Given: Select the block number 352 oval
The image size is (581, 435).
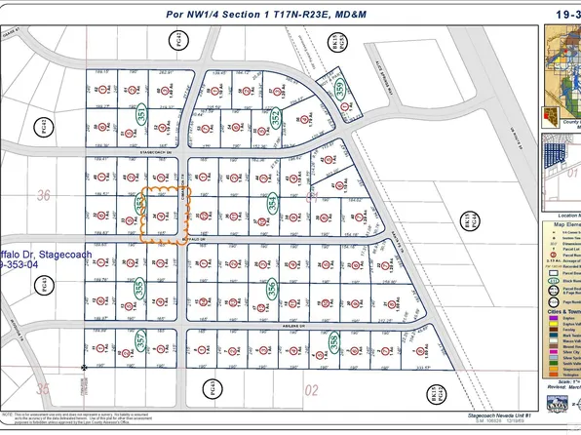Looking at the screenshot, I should [276, 119].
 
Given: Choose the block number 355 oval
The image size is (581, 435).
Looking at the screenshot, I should [139, 289].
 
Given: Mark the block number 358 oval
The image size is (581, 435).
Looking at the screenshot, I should [334, 342].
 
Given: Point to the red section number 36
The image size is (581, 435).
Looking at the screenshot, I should [43, 195].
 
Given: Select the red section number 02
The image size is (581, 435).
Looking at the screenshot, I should [312, 390].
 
